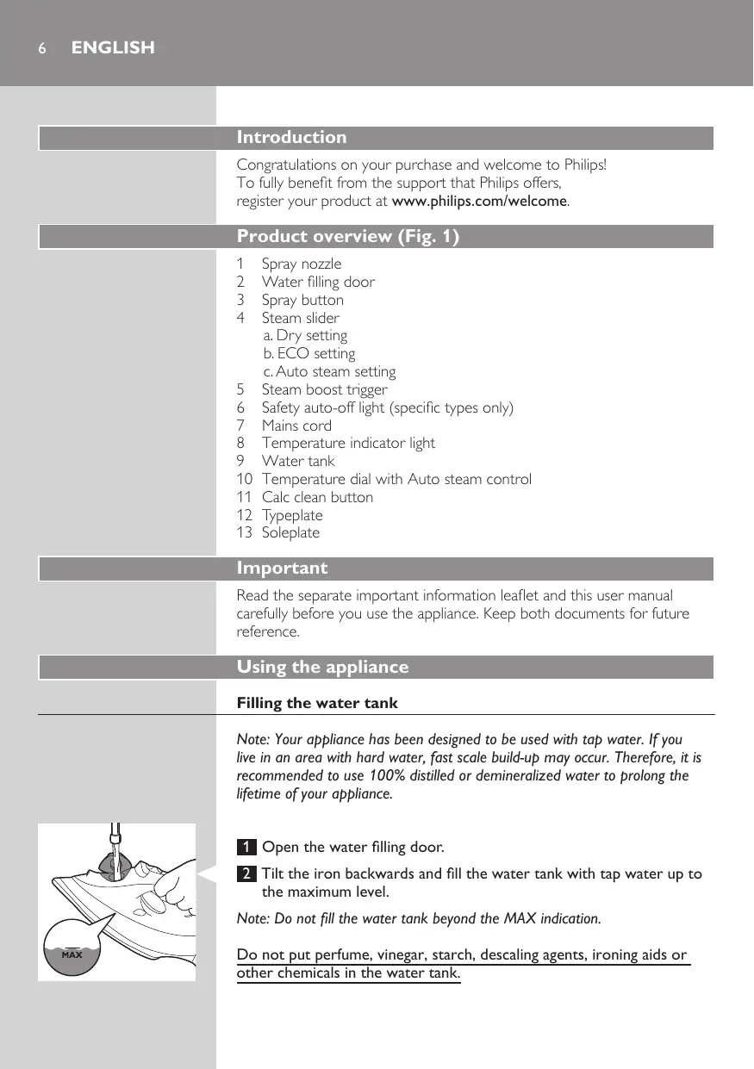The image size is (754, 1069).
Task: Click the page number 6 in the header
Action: click(41, 48)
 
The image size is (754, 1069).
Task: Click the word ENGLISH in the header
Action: click(113, 48)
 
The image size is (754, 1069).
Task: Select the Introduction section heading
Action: click(291, 138)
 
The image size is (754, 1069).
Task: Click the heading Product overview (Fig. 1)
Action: click(347, 237)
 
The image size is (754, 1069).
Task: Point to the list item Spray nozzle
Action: click(301, 264)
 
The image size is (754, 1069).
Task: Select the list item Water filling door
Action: click(318, 282)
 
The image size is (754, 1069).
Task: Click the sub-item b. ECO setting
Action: click(309, 353)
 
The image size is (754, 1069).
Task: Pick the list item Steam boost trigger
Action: click(324, 389)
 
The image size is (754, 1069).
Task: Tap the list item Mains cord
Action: click(296, 426)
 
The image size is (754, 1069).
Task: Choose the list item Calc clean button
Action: click(317, 497)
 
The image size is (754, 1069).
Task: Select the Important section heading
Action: click(282, 569)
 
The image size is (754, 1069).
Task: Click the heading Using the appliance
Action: click(322, 668)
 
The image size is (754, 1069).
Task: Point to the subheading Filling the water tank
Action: click(317, 704)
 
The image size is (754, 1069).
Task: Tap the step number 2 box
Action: click(246, 874)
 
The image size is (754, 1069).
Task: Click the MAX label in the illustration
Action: click(71, 955)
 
